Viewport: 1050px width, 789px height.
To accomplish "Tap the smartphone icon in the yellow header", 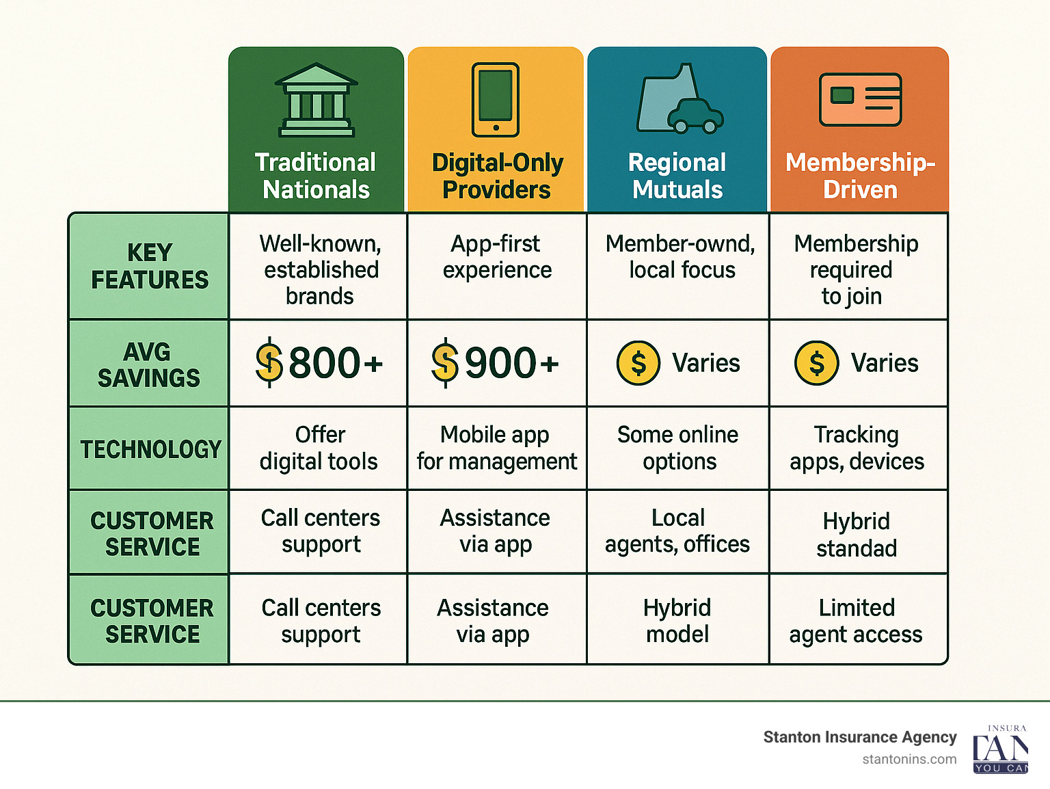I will [x=496, y=100].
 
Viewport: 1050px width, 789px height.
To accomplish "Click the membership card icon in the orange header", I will [x=860, y=100].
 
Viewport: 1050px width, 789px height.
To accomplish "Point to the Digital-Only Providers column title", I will [x=497, y=176].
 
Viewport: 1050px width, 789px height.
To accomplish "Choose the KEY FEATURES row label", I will [x=150, y=266].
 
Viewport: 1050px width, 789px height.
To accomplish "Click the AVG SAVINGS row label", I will [x=148, y=364].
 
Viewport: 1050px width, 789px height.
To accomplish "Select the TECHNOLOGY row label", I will [x=150, y=449].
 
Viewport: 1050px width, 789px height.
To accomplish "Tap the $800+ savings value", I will [x=319, y=362].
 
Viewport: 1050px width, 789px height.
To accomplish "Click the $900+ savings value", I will [x=496, y=362].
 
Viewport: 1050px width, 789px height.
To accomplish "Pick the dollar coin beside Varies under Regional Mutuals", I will [x=638, y=363].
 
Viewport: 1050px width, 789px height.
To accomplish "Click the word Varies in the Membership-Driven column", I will [x=884, y=363].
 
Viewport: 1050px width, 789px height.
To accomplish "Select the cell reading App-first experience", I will [x=497, y=257].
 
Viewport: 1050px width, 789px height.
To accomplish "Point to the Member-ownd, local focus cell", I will [x=680, y=257].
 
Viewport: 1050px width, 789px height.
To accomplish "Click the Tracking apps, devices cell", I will [x=857, y=448].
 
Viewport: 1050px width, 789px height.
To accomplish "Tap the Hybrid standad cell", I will [x=857, y=534].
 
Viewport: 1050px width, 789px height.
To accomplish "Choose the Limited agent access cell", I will [x=856, y=621].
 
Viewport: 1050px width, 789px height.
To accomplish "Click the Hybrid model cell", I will [x=677, y=621].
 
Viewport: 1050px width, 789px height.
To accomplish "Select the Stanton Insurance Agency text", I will [x=859, y=737].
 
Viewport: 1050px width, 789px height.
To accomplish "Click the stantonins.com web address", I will [x=909, y=759].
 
